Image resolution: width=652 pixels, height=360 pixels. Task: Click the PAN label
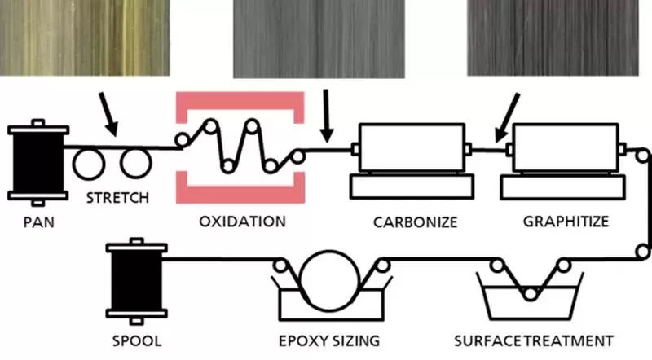click(x=34, y=221)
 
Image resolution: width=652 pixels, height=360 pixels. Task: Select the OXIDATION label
click(x=242, y=221)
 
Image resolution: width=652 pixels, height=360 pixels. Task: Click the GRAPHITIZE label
click(x=563, y=221)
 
